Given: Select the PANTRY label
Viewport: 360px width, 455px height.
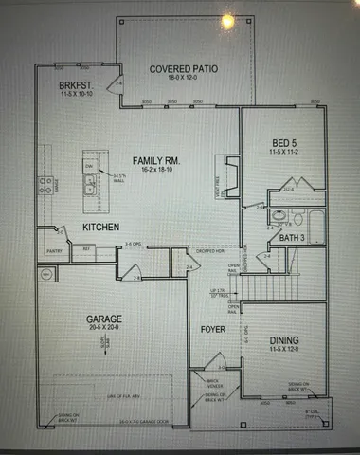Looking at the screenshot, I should tap(53, 250).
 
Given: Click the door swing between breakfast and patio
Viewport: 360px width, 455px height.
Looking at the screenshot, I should tap(118, 86).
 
